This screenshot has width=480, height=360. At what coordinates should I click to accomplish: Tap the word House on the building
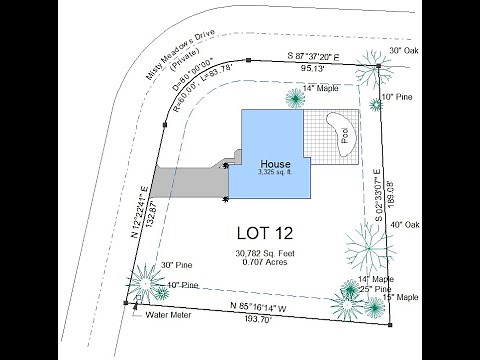click(275, 163)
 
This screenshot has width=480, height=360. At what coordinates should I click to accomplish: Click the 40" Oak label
click(406, 225)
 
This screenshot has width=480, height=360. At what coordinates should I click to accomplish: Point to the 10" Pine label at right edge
click(398, 97)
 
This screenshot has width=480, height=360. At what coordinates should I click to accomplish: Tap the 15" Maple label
click(400, 297)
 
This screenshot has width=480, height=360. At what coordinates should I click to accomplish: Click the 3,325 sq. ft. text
click(275, 173)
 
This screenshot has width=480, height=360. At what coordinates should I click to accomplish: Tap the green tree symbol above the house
click(295, 97)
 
